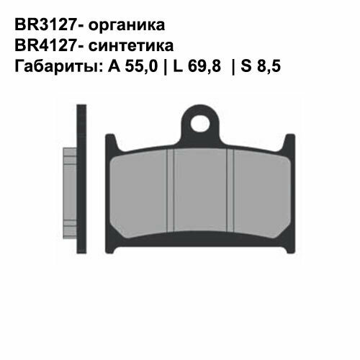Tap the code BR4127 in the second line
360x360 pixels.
coord(41,46)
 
